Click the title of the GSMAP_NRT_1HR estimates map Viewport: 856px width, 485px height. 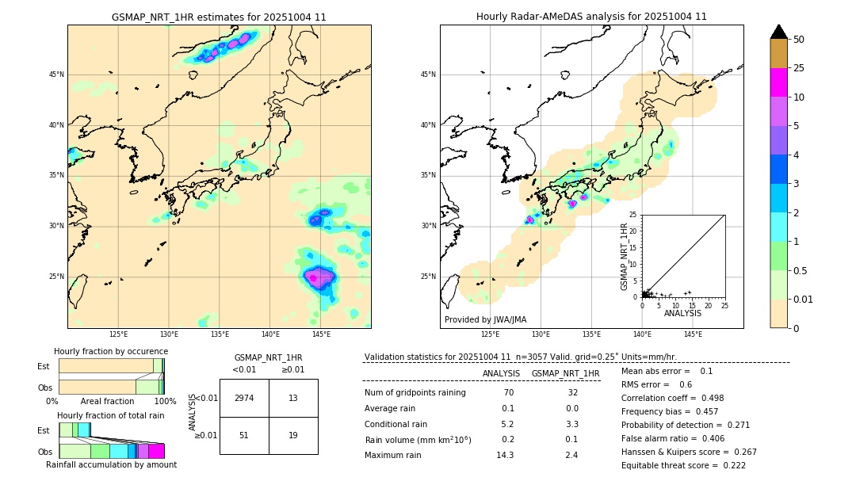click(x=219, y=17)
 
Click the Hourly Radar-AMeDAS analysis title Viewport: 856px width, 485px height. click(x=591, y=17)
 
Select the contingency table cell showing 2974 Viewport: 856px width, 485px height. click(x=244, y=398)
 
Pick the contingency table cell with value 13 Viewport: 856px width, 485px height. click(x=293, y=398)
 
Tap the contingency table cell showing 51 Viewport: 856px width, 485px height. click(x=244, y=435)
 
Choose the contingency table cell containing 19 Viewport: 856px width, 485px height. click(x=293, y=435)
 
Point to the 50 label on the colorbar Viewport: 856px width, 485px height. click(x=799, y=40)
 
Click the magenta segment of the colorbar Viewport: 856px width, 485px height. click(x=779, y=82)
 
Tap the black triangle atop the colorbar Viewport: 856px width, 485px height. click(x=779, y=32)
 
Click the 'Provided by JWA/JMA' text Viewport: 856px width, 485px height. click(x=485, y=319)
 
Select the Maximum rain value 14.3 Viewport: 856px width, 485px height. click(x=505, y=455)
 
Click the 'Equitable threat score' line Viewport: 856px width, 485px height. click(x=683, y=465)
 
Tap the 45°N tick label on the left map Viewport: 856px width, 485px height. click(x=56, y=74)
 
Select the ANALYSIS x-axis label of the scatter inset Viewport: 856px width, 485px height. click(x=682, y=313)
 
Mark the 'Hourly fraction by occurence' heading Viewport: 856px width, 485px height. click(x=111, y=351)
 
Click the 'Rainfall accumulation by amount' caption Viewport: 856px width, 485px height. click(x=112, y=464)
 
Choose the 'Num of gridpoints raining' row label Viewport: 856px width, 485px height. click(x=415, y=393)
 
